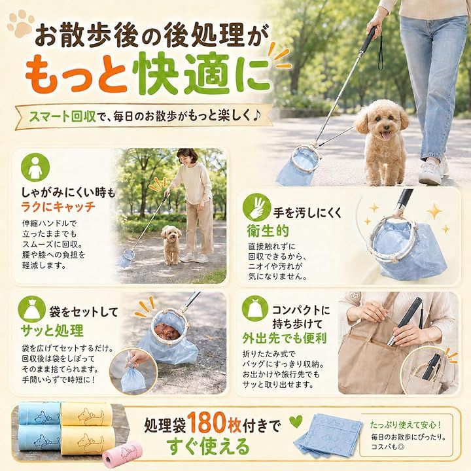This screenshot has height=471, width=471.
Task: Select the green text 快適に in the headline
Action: coord(201,73)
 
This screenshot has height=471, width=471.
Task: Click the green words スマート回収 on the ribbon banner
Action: coord(62,116)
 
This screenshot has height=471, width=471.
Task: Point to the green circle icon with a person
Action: coord(35,167)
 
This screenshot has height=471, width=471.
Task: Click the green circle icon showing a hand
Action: coord(257,207)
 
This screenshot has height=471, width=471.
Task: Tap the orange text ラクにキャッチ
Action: coord(58,207)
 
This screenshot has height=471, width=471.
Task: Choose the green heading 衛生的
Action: coord(268,231)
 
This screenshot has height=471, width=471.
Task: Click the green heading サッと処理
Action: coord(52,330)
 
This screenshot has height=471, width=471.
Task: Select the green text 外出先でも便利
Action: coord(284,339)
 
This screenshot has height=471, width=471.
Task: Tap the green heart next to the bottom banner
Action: coord(295,422)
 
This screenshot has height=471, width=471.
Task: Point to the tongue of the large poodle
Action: coord(386,136)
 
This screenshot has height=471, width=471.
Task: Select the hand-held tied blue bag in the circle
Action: coord(133,379)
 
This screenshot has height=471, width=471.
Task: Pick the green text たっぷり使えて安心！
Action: coord(406,425)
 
